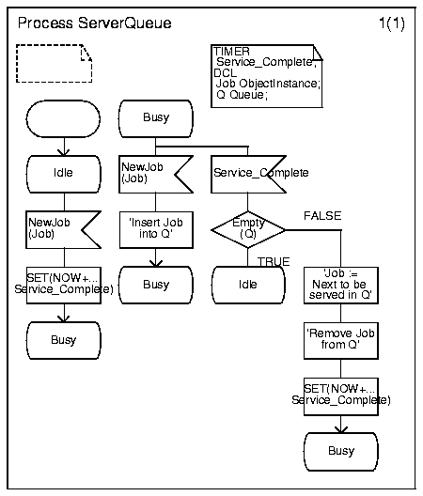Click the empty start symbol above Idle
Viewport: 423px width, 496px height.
pos(63,119)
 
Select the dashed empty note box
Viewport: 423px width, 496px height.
pos(55,64)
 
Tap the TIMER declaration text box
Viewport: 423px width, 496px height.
pos(267,76)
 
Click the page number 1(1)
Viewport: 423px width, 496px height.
pos(392,23)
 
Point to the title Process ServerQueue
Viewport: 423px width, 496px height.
pos(94,23)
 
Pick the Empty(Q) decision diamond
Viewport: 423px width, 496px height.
pos(248,229)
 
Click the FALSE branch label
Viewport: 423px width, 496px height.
pos(322,216)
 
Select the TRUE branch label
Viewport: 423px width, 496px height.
pos(274,261)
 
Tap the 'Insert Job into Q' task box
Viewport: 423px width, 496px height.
pos(156,230)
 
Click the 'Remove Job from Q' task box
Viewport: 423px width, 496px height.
pos(341,341)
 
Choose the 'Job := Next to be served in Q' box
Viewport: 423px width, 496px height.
pos(341,286)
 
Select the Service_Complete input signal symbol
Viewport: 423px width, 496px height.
pos(248,175)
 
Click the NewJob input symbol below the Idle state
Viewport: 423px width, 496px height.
pos(63,229)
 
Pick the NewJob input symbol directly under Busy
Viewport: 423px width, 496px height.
pos(156,175)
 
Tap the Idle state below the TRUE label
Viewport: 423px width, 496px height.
pos(248,285)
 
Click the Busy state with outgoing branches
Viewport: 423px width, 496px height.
pos(156,119)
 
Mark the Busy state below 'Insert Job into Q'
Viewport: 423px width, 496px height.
pos(156,285)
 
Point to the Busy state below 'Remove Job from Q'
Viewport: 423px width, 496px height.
pos(341,452)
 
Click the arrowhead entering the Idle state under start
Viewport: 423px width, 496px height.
pos(64,152)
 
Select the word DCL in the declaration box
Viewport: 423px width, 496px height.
pos(225,73)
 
